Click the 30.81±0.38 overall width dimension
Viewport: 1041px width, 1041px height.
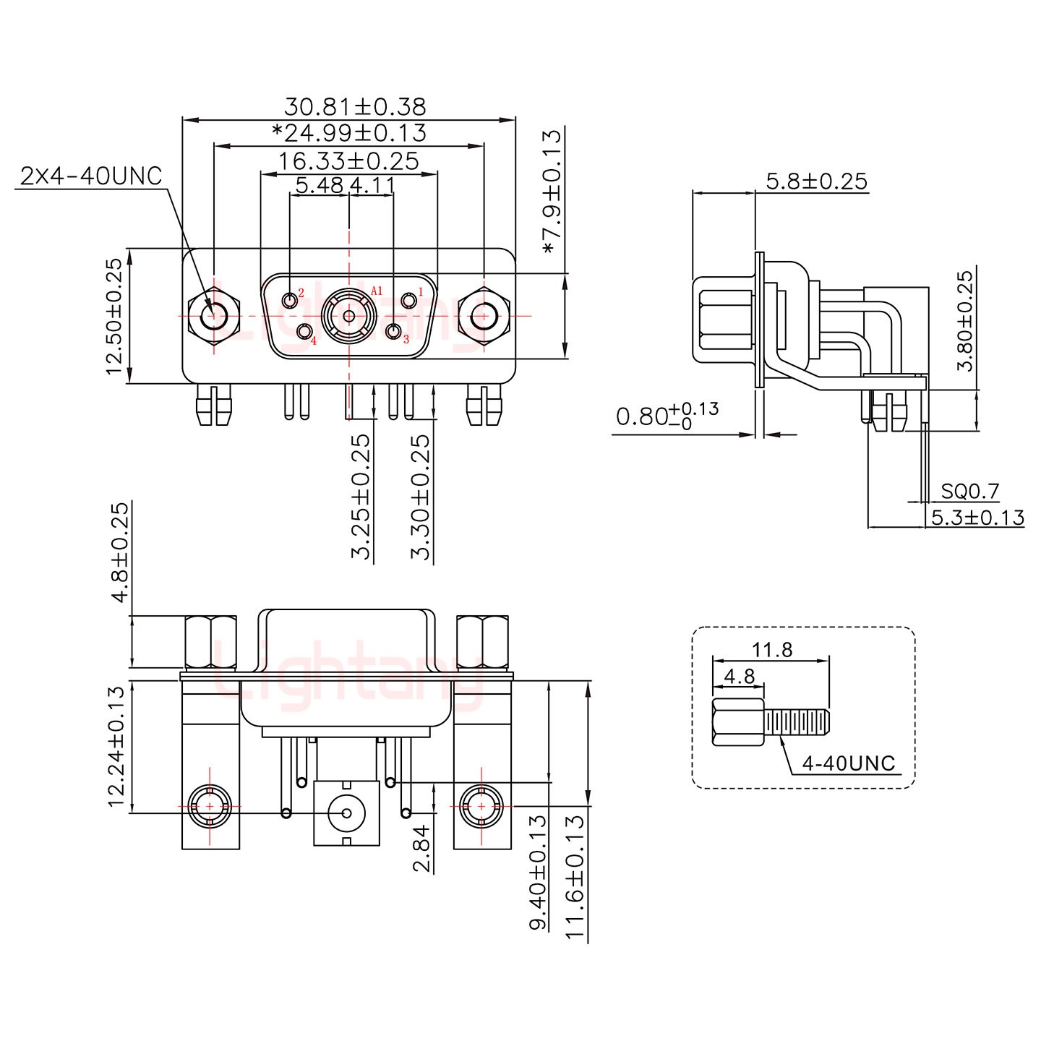pos(354,107)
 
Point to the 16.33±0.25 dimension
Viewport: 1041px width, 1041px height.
pos(348,160)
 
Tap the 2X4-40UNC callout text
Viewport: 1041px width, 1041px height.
pos(91,176)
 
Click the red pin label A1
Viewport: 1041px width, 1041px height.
pos(376,291)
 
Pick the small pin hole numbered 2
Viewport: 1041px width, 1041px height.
pos(291,299)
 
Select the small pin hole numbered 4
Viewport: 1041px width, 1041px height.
pos(305,332)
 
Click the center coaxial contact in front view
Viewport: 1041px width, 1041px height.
pos(349,316)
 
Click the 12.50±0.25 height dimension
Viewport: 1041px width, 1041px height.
pos(115,317)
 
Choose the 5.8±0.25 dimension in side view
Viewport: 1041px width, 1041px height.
pos(816,181)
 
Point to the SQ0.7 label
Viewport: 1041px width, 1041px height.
pos(969,492)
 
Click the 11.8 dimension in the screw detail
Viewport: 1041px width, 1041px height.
pos(771,649)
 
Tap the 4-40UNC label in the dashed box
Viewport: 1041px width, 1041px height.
pos(849,763)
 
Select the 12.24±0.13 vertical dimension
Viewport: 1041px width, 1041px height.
pos(116,747)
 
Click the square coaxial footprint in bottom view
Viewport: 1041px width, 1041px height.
pos(346,813)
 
